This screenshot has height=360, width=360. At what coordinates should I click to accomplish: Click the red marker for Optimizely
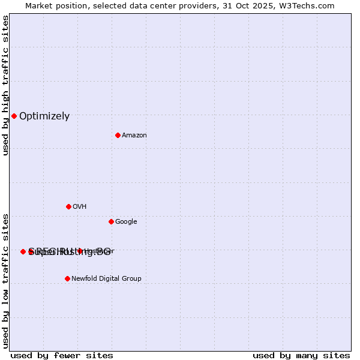pos(14,116)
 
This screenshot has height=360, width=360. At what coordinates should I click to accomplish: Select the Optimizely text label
pos(44,116)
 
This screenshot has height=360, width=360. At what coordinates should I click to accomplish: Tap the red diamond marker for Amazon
pos(118,135)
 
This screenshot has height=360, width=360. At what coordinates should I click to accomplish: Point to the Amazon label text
pos(134,136)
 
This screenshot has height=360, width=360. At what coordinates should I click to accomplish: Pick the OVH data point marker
pos(68,206)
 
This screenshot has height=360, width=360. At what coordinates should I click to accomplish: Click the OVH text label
pos(80,207)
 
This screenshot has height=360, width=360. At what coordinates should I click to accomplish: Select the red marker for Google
pos(111,221)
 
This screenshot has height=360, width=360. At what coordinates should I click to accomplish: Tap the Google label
pos(126,222)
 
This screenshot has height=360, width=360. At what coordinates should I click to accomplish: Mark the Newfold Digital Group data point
pos(67,278)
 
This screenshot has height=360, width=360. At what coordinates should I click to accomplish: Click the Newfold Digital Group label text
pos(106,279)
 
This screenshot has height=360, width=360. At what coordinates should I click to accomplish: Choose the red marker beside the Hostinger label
pos(79,251)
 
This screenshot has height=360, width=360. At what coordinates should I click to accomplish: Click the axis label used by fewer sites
pos(62,355)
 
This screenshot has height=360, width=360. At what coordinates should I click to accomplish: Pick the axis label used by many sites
pos(301,355)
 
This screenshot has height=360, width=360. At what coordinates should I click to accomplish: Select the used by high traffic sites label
pos(5,85)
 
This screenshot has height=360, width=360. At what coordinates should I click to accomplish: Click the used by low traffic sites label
pos(5,281)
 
